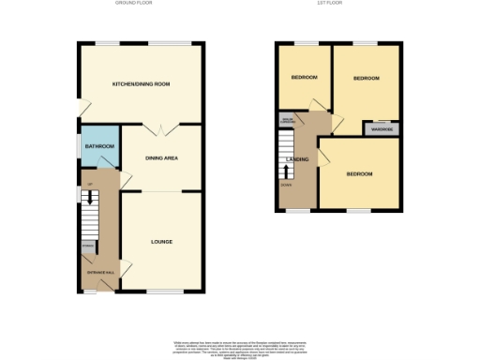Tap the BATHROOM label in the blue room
98,147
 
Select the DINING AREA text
161,157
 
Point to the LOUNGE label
161,242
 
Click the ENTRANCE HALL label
101,272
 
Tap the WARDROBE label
382,129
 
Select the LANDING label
296,160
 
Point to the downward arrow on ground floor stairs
90,199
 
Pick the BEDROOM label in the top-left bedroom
304,77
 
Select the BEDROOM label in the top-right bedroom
366,79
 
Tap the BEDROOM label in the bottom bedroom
359,174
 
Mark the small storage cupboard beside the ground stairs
87,247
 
